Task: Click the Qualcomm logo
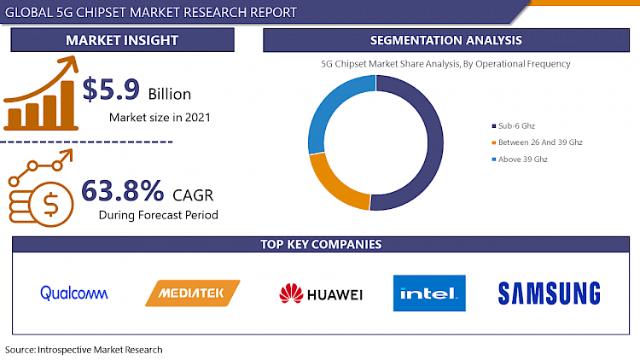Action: click(x=74, y=293)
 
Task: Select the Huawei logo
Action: click(x=321, y=294)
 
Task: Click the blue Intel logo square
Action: click(x=429, y=293)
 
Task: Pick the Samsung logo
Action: click(x=549, y=293)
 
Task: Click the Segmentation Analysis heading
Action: click(x=445, y=40)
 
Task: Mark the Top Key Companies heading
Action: click(x=320, y=245)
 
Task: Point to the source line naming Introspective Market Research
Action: click(x=84, y=350)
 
